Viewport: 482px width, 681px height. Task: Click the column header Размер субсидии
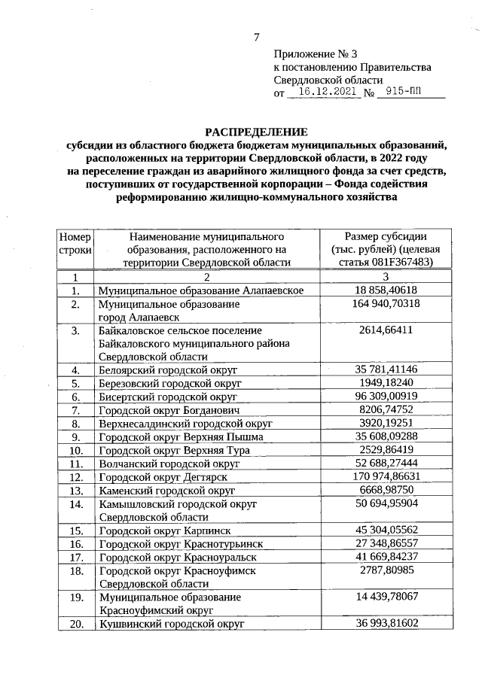tap(386, 236)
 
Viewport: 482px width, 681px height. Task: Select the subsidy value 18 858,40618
tap(386, 290)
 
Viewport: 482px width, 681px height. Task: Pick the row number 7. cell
tap(75, 410)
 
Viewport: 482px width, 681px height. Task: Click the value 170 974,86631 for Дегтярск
tap(386, 476)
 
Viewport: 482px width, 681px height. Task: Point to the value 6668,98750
tap(386, 490)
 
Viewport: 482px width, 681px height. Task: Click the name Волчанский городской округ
tap(169, 464)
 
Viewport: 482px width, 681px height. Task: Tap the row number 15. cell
tap(75, 530)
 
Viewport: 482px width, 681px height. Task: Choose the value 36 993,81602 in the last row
tap(386, 624)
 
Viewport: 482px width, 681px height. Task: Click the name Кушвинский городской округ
tap(169, 625)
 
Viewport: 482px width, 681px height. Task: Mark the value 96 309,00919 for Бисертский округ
tap(386, 397)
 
